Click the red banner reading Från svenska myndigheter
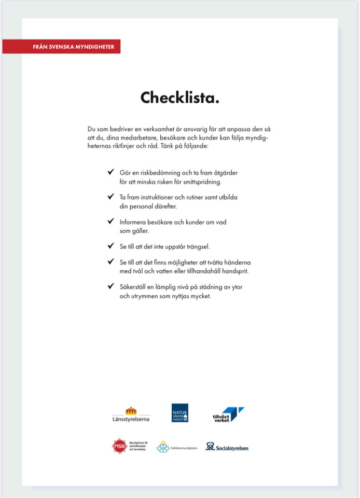click(61, 46)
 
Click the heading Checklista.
click(179, 97)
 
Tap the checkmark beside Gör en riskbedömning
click(110, 172)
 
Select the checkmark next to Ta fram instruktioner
click(110, 197)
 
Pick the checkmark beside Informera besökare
click(110, 221)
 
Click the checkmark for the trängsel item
click(110, 245)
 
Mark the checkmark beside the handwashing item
click(110, 261)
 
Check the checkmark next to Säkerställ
click(110, 286)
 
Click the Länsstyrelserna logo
click(131, 414)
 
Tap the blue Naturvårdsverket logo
click(180, 413)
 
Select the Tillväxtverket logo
click(228, 414)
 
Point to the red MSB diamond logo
click(120, 446)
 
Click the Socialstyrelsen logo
click(227, 447)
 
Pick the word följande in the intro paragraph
click(196, 147)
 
